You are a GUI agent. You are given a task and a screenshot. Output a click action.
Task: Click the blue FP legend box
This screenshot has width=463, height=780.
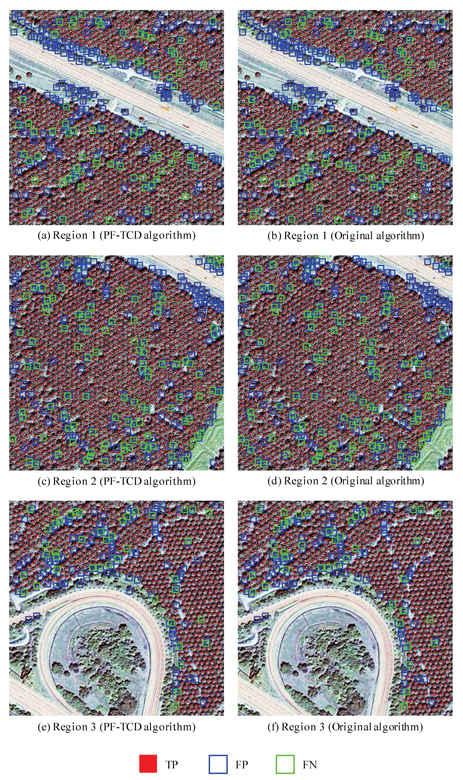coord(218,764)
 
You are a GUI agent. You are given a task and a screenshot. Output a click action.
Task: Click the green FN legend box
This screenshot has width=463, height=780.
coord(285,764)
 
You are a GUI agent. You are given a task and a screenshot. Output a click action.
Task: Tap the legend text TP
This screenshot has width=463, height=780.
coord(172,765)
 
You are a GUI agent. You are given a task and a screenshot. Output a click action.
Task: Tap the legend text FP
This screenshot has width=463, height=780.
coord(242,765)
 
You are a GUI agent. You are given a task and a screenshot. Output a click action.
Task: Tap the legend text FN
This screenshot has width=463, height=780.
coord(309,765)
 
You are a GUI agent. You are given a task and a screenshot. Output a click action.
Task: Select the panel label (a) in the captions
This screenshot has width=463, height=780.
coord(44,235)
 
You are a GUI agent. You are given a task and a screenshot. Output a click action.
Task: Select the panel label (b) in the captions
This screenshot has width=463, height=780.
coord(274,236)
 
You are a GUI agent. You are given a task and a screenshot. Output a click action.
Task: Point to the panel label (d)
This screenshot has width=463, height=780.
coord(274,481)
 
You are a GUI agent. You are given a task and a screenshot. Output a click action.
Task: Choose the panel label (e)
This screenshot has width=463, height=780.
coord(44,727)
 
